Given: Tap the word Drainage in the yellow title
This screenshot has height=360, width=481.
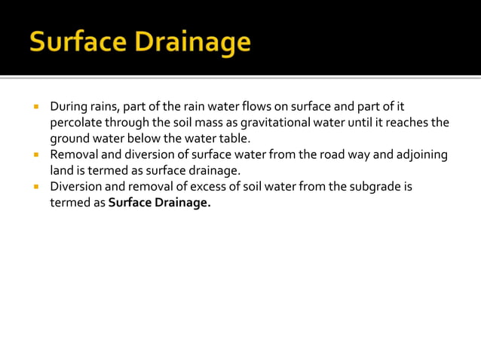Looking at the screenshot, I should point(195,44).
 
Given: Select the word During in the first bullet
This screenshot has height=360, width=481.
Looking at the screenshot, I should point(69,106).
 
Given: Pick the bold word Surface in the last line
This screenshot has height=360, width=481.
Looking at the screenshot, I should point(130,202).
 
